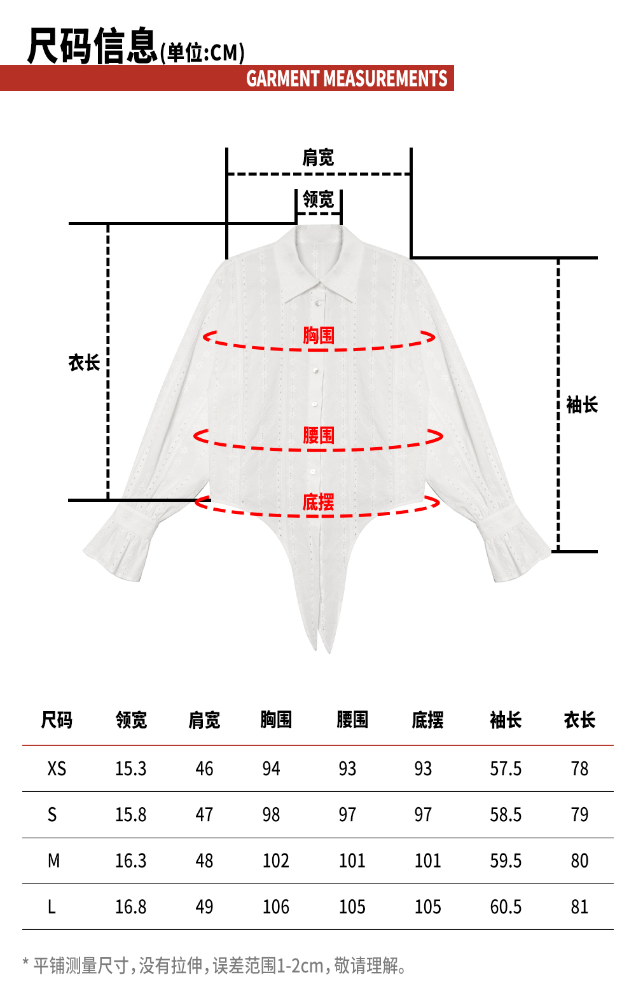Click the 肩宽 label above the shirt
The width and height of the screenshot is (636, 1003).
pos(318,157)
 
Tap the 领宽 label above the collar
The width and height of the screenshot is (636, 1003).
pos(318,199)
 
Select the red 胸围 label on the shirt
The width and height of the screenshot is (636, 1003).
pos(319,335)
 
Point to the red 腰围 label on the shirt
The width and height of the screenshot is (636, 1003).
pos(319,435)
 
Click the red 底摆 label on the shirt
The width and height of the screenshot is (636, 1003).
pos(318,502)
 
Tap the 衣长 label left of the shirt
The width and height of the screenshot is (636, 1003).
pos(84,363)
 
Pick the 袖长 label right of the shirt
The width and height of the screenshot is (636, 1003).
pos(582,405)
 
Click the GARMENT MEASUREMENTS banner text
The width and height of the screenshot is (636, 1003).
pos(347,78)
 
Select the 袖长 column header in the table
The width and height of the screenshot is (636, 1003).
pos(506,720)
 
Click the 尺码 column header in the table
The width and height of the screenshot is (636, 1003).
pos(57,720)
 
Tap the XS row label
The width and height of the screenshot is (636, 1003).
pos(57,769)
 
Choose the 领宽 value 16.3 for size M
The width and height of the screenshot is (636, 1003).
pos(130,861)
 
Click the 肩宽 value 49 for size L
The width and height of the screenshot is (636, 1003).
pos(204,906)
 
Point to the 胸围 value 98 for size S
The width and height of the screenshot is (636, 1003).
pos(271,815)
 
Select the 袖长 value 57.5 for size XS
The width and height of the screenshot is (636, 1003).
pos(506,769)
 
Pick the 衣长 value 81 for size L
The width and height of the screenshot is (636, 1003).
pos(579,906)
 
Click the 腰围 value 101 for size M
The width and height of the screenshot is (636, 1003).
pos(352,861)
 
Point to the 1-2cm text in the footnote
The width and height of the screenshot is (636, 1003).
pos(300,965)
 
